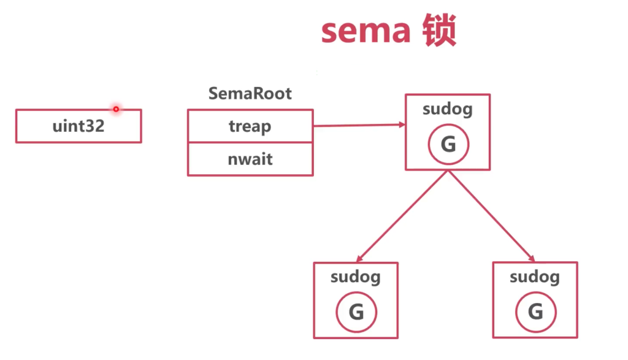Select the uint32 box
pyautogui.click(x=78, y=126)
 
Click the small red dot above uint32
pyautogui.click(x=115, y=109)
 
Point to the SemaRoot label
pyautogui.click(x=250, y=94)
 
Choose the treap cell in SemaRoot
pyautogui.click(x=250, y=126)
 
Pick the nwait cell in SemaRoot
pyautogui.click(x=250, y=159)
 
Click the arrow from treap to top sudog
pyautogui.click(x=359, y=126)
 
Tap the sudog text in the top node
pyautogui.click(x=448, y=110)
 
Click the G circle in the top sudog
pyautogui.click(x=448, y=144)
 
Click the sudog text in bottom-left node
pyautogui.click(x=356, y=277)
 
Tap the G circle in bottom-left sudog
pyautogui.click(x=356, y=312)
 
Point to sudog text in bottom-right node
pyautogui.click(x=535, y=277)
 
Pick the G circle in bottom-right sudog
pyautogui.click(x=535, y=312)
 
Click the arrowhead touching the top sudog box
pyautogui.click(x=401, y=125)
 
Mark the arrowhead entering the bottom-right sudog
pyautogui.click(x=531, y=259)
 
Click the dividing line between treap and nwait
pyautogui.click(x=250, y=143)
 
